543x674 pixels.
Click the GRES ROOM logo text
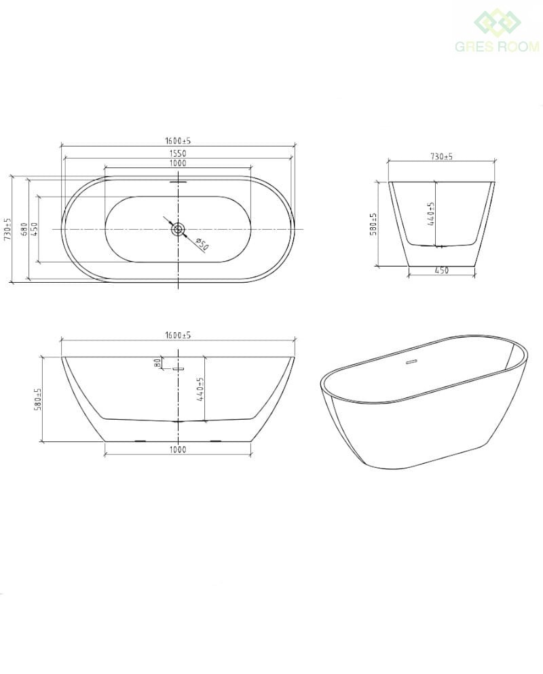tap(497, 46)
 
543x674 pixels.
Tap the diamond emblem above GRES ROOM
tap(498, 23)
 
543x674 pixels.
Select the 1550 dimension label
tap(177, 153)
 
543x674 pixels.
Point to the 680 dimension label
tap(24, 229)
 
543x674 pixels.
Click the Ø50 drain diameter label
tap(202, 244)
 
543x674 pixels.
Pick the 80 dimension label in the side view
tap(157, 363)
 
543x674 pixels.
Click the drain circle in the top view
tap(177, 229)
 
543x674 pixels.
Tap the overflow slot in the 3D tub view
tap(411, 361)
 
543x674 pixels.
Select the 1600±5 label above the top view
tap(178, 140)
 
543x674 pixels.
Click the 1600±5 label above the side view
tap(178, 335)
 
